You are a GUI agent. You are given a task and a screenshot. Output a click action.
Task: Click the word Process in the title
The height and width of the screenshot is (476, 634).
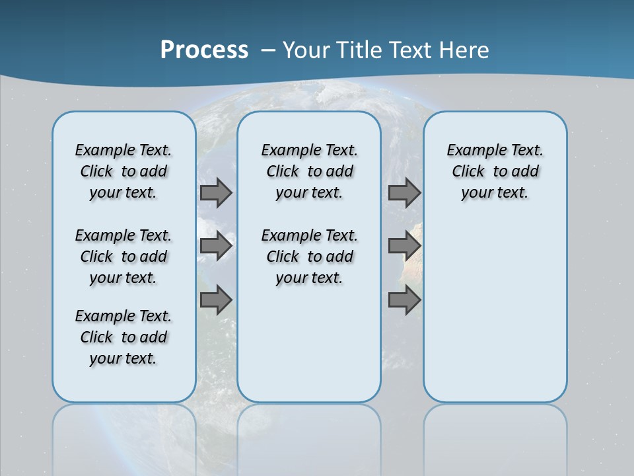tap(204, 50)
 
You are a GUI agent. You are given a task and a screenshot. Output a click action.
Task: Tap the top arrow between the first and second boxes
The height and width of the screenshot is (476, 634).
tap(215, 193)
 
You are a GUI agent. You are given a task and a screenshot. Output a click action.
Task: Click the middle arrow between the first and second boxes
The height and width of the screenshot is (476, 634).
tap(215, 246)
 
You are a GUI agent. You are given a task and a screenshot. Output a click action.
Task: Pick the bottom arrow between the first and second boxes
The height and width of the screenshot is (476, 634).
tap(215, 300)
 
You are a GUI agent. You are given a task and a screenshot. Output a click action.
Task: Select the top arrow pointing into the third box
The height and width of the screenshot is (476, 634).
tap(404, 193)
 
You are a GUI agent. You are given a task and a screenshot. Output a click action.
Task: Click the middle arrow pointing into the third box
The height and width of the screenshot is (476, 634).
tap(404, 246)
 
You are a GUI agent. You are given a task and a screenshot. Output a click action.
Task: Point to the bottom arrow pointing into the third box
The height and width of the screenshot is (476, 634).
tap(404, 300)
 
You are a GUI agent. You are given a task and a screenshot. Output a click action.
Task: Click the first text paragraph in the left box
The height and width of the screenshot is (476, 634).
tap(123, 171)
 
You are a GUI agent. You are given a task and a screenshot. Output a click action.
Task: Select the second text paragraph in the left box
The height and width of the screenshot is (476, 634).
tap(123, 257)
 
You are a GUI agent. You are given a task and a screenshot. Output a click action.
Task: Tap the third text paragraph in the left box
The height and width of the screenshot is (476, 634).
tap(123, 337)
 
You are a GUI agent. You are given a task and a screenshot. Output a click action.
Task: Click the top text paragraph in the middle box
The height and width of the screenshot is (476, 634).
tap(309, 171)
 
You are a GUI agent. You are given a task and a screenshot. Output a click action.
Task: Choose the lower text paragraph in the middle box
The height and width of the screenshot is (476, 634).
tap(309, 257)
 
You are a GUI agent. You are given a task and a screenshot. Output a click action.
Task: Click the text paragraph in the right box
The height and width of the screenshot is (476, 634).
tap(495, 171)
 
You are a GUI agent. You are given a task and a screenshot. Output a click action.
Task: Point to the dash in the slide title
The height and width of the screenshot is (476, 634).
tap(268, 50)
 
